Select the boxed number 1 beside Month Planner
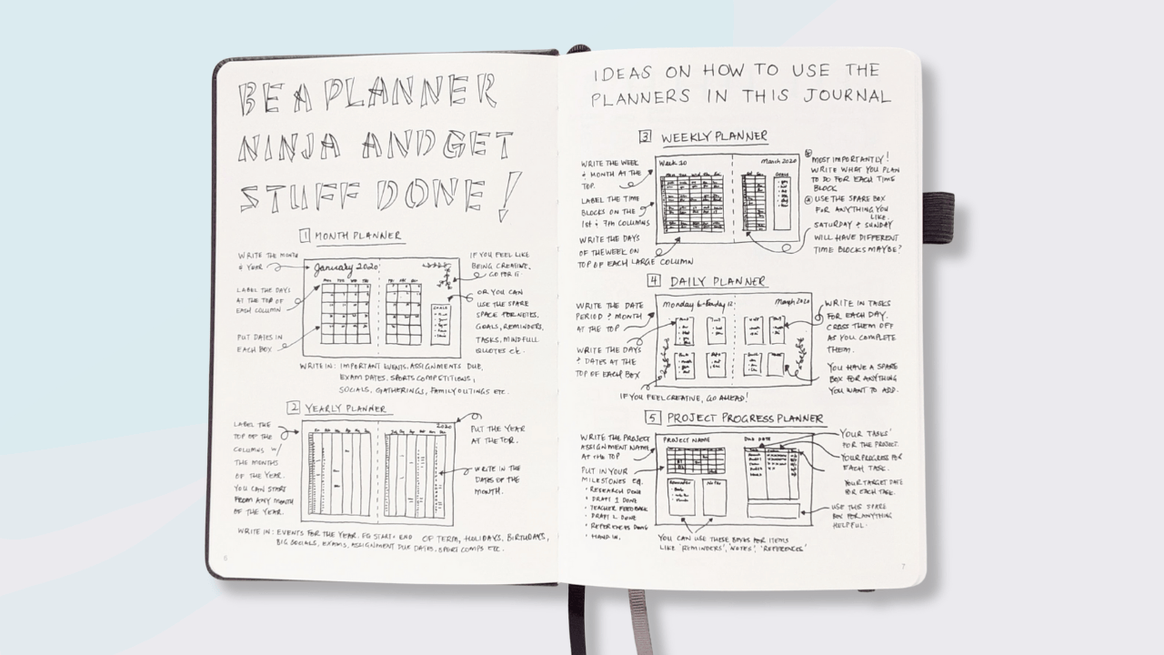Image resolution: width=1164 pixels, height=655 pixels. tap(305, 236)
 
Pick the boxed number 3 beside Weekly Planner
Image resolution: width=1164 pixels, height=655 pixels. tap(645, 137)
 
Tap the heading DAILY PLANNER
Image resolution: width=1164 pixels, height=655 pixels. tap(718, 281)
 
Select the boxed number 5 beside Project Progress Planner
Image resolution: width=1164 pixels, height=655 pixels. tap(653, 418)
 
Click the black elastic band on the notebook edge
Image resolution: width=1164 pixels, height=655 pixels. tap(938, 217)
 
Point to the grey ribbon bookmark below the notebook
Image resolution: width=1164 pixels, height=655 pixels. tap(639, 622)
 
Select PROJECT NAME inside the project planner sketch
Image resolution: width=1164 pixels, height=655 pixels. tap(688, 439)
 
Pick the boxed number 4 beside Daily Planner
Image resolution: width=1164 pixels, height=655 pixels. tap(653, 281)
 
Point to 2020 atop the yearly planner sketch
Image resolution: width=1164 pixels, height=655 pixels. tap(444, 424)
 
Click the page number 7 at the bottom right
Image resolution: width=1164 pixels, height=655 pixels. tap(903, 566)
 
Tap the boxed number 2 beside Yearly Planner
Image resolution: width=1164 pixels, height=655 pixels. tap(293, 408)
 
